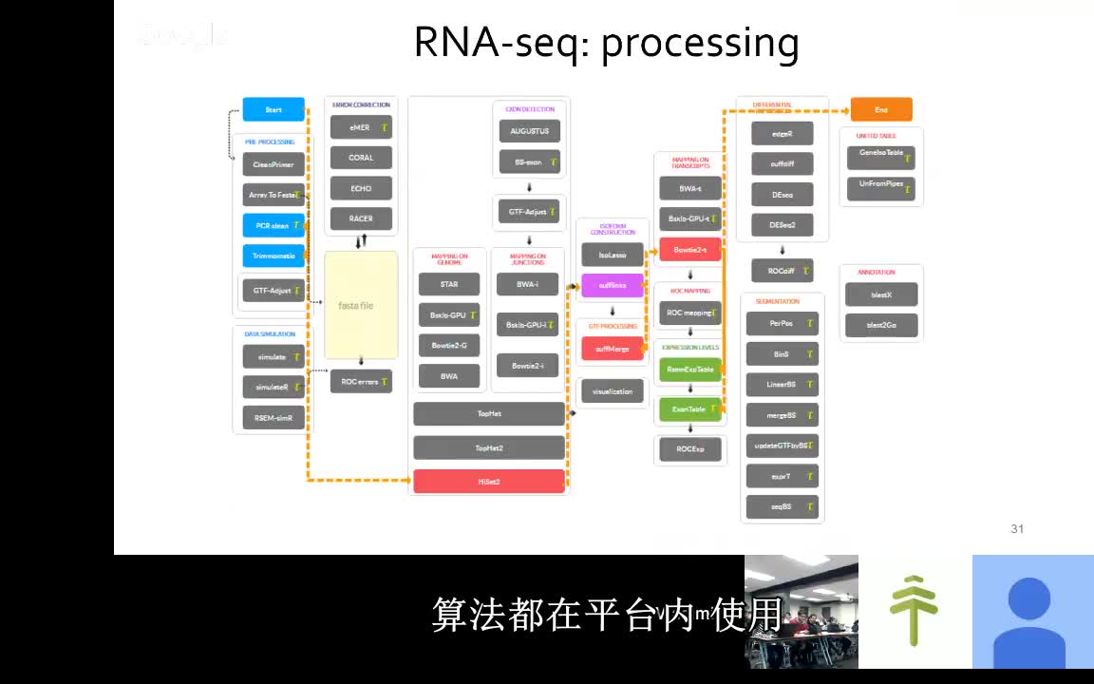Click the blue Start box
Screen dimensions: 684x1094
click(273, 109)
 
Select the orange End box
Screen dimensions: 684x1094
click(881, 109)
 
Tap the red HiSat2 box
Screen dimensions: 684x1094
click(489, 482)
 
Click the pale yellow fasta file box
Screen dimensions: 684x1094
click(361, 305)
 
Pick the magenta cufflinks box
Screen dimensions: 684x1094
click(613, 286)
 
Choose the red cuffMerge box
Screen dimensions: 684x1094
click(613, 349)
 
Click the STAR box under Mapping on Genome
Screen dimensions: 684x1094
click(449, 284)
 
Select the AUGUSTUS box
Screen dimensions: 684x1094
click(529, 130)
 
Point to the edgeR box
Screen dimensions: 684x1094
click(782, 134)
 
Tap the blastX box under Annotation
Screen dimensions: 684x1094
click(881, 294)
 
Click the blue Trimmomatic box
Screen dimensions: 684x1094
click(273, 256)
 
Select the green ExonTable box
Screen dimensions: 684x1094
click(690, 408)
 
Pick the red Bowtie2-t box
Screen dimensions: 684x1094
click(690, 250)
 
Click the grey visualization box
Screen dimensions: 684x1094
click(613, 391)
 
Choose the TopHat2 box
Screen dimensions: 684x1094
click(489, 447)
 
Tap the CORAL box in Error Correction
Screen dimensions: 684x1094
click(361, 158)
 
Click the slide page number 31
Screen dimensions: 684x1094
click(1017, 529)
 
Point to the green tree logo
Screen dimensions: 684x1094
click(914, 611)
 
